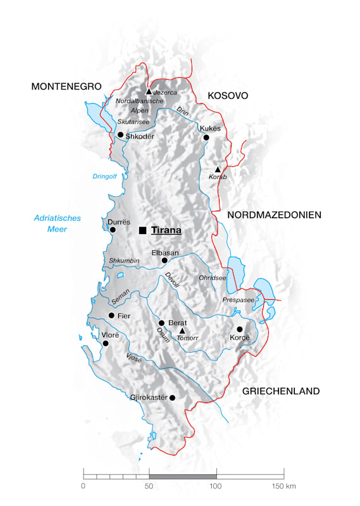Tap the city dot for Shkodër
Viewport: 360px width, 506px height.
(120, 135)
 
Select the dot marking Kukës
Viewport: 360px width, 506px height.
(205, 137)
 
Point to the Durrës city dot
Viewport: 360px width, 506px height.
(113, 230)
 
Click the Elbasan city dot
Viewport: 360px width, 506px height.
(164, 260)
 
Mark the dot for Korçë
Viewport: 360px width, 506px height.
(240, 329)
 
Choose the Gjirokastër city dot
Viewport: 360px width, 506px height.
(172, 398)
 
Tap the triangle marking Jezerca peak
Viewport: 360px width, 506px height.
(149, 92)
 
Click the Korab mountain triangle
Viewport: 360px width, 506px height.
(218, 170)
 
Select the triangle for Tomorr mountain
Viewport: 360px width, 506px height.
(182, 331)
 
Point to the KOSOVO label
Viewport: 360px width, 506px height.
(227, 96)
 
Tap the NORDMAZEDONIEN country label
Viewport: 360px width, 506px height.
(274, 215)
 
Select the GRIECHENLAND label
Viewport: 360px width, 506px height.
(280, 392)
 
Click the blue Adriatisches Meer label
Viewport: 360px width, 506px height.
(57, 223)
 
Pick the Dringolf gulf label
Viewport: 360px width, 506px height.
(106, 177)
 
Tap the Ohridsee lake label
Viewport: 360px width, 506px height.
(211, 278)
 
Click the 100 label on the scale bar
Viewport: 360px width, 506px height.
(216, 486)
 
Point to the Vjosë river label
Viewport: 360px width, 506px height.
(133, 358)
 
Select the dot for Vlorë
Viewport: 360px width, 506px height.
(106, 343)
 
